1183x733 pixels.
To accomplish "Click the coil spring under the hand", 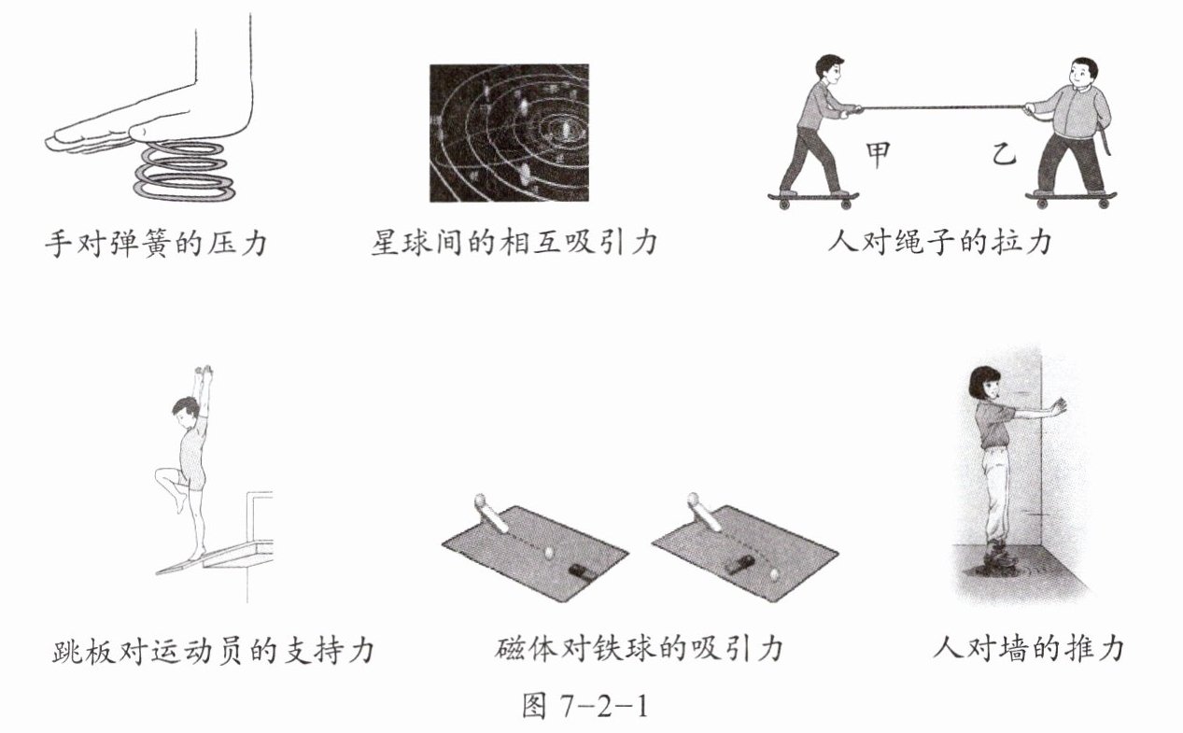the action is pos(184,171).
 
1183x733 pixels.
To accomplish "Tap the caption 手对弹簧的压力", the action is pos(156,244).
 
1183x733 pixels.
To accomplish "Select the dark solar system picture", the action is pos(509,134).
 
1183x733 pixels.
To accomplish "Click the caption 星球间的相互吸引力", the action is pos(514,244).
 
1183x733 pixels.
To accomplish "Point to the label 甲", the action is pos(878,155).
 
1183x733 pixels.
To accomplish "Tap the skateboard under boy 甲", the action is pos(813,199).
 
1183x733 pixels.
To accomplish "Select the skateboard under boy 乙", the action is pos(1071,199).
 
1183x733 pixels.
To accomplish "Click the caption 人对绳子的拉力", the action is pos(940,244).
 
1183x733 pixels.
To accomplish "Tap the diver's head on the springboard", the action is pos(184,412).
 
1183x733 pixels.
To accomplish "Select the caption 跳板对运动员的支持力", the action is pos(214,651).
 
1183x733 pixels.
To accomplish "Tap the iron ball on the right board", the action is pos(775,574).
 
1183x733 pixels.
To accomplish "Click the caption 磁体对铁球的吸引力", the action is pos(639,650).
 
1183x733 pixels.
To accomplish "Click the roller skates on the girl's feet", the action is pos(993,559).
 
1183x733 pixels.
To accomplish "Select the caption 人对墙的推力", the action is pos(1029,650).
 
